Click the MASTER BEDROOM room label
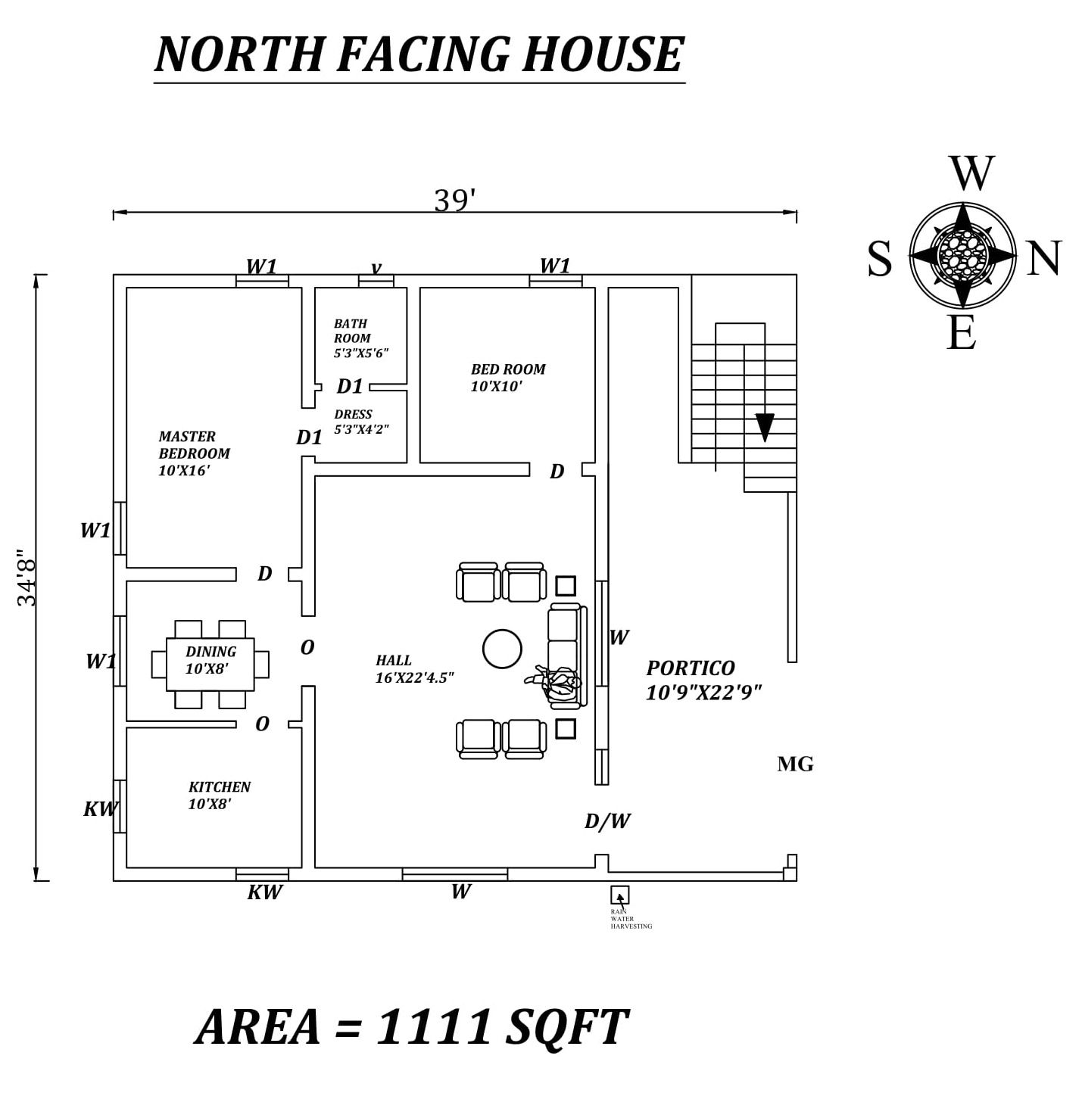pyautogui.click(x=194, y=453)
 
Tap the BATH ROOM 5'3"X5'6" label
pyautogui.click(x=360, y=338)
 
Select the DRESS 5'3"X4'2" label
pyautogui.click(x=361, y=422)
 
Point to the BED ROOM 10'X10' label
pyautogui.click(x=507, y=377)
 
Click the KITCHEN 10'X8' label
pyautogui.click(x=219, y=795)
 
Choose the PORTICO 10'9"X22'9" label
pyautogui.click(x=703, y=679)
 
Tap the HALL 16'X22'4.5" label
pyautogui.click(x=413, y=669)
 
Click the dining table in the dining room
pyautogui.click(x=210, y=664)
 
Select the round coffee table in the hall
pyautogui.click(x=502, y=649)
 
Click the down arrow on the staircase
pyautogui.click(x=765, y=427)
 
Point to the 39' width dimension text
pyautogui.click(x=454, y=201)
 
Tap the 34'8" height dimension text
pyautogui.click(x=27, y=578)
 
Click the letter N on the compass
pyautogui.click(x=1044, y=258)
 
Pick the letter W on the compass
pyautogui.click(x=971, y=174)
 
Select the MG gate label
pyautogui.click(x=795, y=764)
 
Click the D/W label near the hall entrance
pyautogui.click(x=607, y=821)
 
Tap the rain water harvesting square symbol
pyautogui.click(x=620, y=895)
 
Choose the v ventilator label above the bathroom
pyautogui.click(x=376, y=267)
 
